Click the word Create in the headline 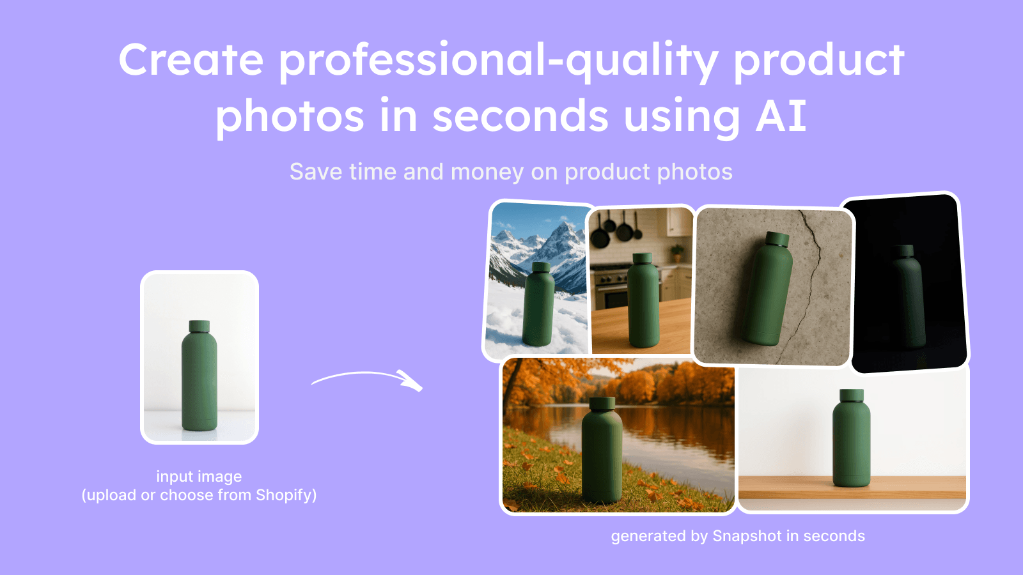tap(191, 60)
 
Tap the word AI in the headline tap(781, 116)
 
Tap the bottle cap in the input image tap(199, 326)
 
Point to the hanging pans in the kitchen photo tap(614, 230)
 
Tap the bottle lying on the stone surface tap(768, 291)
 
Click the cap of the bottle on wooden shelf tap(852, 395)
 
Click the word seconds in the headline tap(520, 116)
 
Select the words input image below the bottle tap(199, 477)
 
